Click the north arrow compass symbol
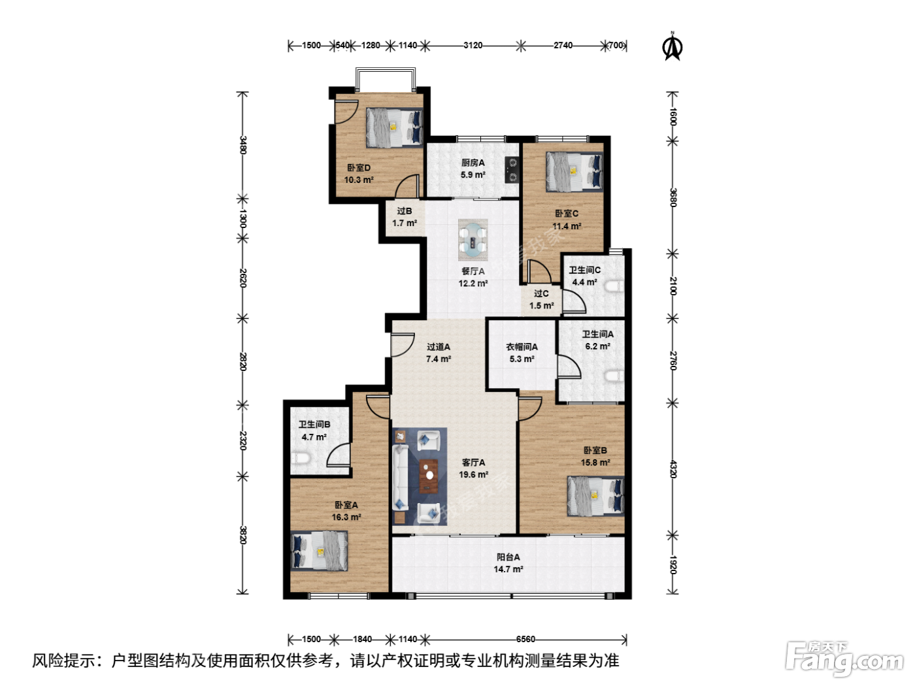click(x=672, y=46)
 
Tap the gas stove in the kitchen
click(x=512, y=169)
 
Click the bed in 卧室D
click(x=394, y=127)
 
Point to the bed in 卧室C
click(x=574, y=171)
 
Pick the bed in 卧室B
click(x=595, y=497)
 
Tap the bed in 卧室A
click(x=319, y=550)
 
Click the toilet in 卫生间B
click(x=301, y=459)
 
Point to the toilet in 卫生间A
click(x=615, y=376)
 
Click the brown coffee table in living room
click(x=429, y=476)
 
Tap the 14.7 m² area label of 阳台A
click(x=508, y=569)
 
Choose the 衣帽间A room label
click(x=522, y=346)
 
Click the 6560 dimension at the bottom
click(x=525, y=639)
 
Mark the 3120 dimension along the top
click(x=473, y=45)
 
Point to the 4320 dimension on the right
click(x=673, y=469)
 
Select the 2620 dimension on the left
click(x=243, y=278)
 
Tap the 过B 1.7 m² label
click(x=405, y=217)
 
